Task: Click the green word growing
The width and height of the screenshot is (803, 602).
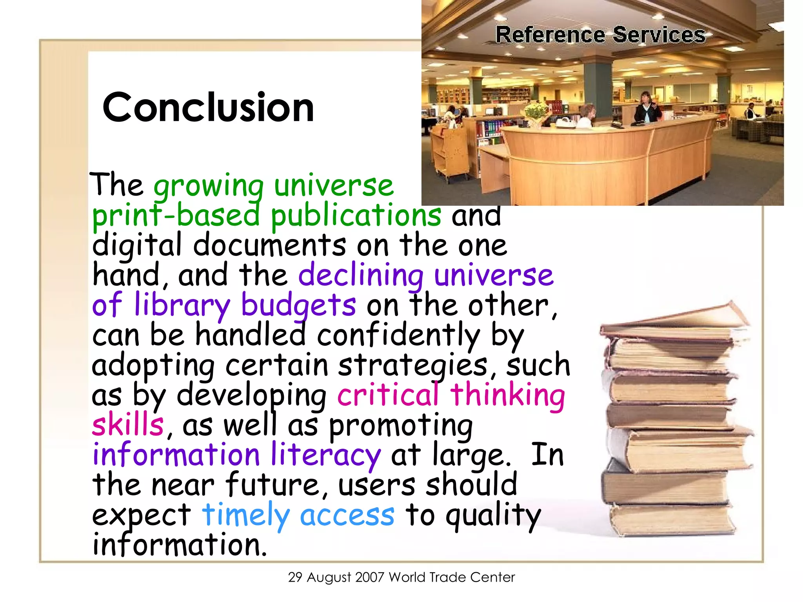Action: [209, 186]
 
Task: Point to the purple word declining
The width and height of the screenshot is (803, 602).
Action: [361, 275]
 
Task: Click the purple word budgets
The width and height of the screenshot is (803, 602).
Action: [298, 305]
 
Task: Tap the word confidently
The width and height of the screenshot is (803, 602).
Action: [398, 335]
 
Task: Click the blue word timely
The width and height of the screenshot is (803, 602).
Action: [246, 515]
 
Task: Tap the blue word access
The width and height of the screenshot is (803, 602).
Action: [347, 515]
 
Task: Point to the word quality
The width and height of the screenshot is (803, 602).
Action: [493, 515]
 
